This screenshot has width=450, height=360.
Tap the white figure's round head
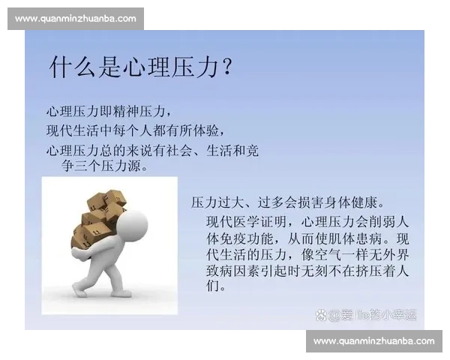133,223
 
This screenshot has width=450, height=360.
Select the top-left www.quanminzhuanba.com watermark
75,18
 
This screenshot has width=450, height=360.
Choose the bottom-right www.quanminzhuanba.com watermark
373,341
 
